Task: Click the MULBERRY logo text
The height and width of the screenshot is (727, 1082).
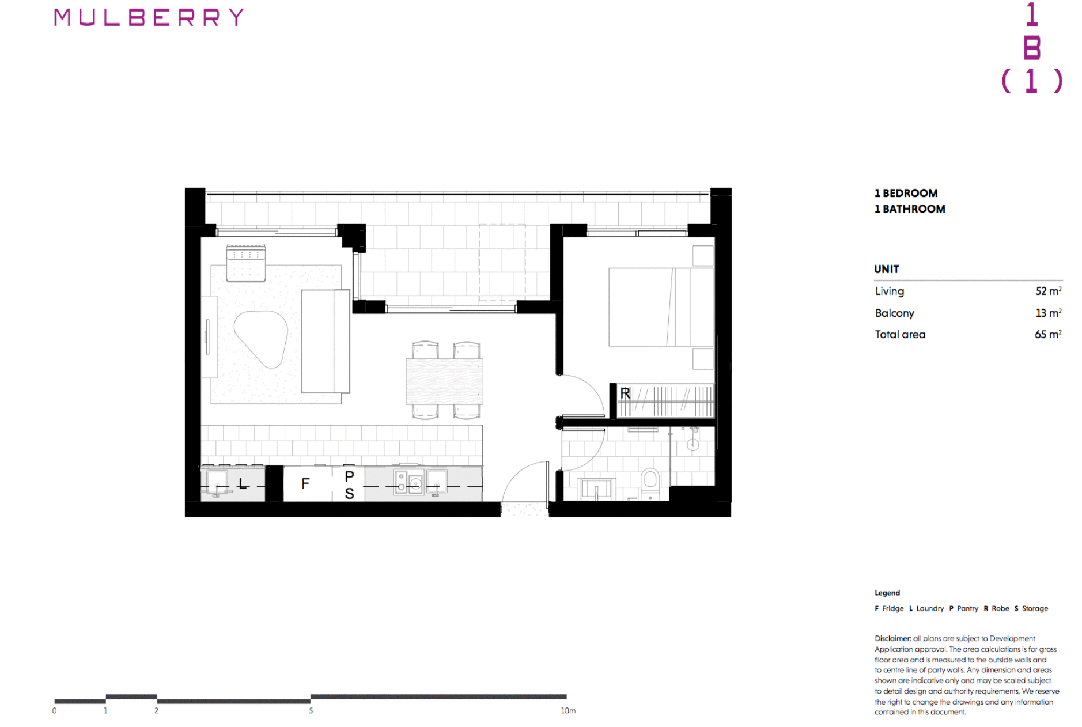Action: [x=149, y=18]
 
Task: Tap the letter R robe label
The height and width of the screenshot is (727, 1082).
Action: [x=625, y=393]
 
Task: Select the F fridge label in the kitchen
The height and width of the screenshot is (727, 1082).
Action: [x=305, y=483]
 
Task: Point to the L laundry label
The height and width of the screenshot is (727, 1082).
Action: [x=243, y=484]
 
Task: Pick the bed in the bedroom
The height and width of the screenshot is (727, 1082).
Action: [x=661, y=307]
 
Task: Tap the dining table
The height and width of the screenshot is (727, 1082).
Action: [x=444, y=381]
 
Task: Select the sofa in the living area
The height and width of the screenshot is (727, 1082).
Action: [x=326, y=341]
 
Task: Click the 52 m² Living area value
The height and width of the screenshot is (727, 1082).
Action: [x=1048, y=291]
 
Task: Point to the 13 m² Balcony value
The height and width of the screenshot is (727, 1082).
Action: [x=1048, y=313]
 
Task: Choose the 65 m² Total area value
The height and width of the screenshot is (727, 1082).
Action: [x=1047, y=335]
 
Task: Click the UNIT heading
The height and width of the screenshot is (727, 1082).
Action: [x=886, y=269]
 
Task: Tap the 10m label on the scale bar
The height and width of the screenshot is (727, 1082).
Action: [x=568, y=711]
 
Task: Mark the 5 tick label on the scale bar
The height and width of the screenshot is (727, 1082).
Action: [x=311, y=711]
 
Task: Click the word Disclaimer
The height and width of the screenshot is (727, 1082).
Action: [x=892, y=638]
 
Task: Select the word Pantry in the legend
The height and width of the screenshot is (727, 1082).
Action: [x=967, y=608]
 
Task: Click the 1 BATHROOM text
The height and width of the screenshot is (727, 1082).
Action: [x=910, y=209]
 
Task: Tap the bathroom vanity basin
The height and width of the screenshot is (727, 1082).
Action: [x=596, y=489]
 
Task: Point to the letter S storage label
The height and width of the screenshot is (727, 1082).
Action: [x=349, y=494]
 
